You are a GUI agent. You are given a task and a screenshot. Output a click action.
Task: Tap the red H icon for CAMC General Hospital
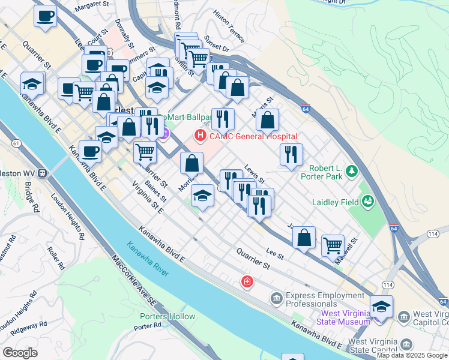point(199,137)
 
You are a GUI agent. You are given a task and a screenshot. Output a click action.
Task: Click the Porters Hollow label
point(167,316)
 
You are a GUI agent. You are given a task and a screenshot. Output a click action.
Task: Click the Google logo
point(19,353)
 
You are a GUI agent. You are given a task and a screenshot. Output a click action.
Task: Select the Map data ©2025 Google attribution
point(412,355)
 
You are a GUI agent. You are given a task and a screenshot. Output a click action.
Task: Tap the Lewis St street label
point(255,173)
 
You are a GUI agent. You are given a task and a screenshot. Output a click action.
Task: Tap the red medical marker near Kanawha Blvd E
point(247,281)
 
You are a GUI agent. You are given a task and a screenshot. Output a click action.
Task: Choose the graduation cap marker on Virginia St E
point(203,196)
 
